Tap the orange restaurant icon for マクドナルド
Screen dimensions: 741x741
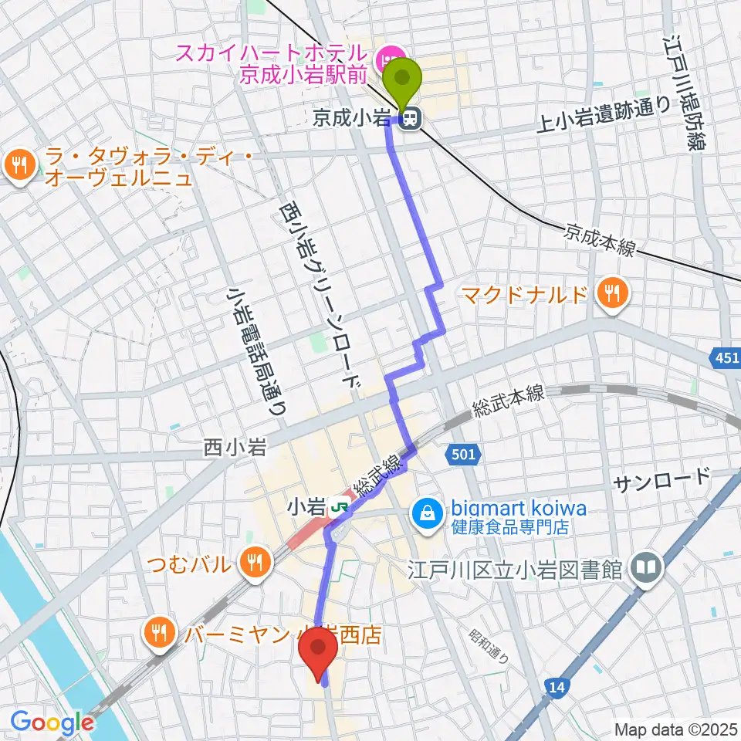click(612, 293)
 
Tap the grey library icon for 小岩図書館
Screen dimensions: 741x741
click(643, 570)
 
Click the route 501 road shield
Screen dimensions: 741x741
click(461, 456)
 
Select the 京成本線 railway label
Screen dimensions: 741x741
click(599, 239)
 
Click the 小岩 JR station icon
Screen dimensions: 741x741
click(338, 508)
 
